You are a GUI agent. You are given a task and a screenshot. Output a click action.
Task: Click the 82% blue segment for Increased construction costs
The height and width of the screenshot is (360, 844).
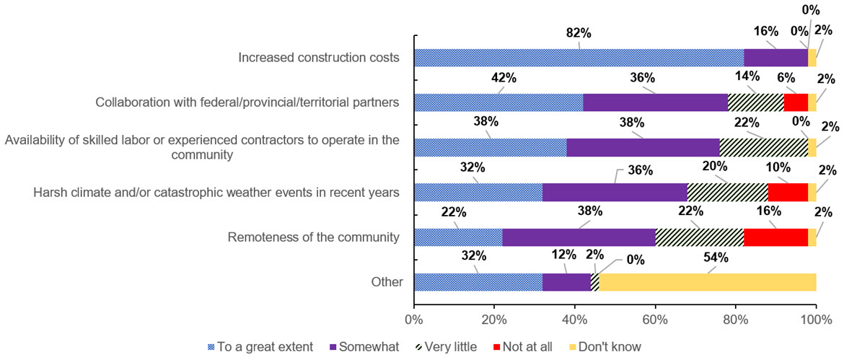click(579, 58)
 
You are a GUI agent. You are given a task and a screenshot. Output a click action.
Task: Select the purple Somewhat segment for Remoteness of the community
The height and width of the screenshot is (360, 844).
click(579, 237)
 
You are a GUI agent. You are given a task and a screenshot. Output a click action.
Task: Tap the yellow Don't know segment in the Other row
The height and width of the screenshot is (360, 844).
click(708, 282)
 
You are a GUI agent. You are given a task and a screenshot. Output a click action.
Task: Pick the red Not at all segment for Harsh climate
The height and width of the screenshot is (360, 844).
click(788, 193)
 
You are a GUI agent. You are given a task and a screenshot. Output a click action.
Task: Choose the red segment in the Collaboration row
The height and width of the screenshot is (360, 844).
click(796, 102)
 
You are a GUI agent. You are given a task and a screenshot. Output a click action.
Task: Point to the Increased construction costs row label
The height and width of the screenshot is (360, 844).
click(319, 58)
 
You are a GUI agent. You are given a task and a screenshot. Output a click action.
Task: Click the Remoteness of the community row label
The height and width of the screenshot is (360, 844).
click(313, 237)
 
